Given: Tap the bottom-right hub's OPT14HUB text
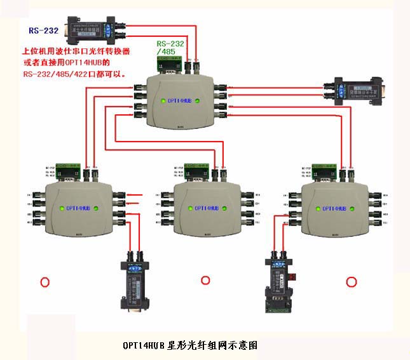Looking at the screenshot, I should tap(334, 208).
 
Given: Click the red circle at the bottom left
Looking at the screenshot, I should tap(44, 281).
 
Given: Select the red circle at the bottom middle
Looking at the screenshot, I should tap(205, 280).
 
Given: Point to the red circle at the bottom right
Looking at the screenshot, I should tap(351, 281).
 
